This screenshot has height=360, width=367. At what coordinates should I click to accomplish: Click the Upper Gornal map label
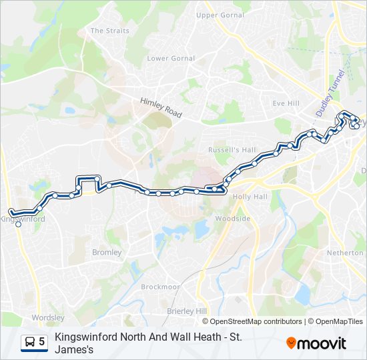coord(220,15)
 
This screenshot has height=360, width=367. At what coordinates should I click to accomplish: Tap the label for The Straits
coord(109,31)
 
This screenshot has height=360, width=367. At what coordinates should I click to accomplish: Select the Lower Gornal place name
coord(171,59)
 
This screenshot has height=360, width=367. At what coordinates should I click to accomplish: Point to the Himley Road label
coord(161,108)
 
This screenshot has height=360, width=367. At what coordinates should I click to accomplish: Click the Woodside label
coord(232,219)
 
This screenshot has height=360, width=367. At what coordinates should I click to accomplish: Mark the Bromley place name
coord(107,253)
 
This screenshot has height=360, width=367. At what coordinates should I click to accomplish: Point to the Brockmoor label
coord(160,287)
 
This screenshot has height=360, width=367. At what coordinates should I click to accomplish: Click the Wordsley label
coord(48,318)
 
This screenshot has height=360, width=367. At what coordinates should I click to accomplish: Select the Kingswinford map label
coord(23,219)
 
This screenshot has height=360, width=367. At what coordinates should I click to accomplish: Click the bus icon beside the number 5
coord(30,342)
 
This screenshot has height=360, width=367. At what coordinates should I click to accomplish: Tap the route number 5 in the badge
coord(42,342)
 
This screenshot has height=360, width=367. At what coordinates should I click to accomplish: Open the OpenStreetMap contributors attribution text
coord(256,321)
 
